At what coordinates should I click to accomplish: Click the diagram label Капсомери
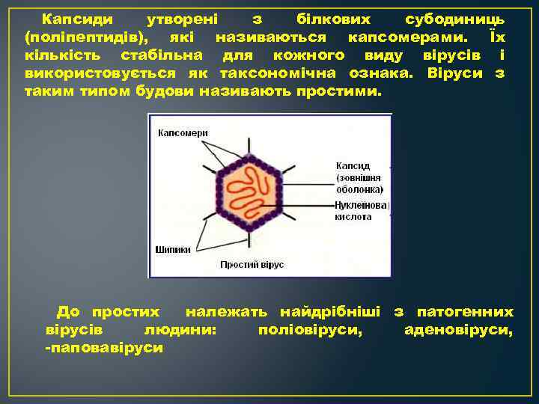pyautogui.click(x=182, y=132)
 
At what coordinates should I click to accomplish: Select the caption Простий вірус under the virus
pyautogui.click(x=252, y=265)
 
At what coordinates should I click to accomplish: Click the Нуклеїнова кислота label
pyautogui.click(x=360, y=210)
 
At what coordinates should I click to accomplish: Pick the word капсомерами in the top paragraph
pyautogui.click(x=398, y=37)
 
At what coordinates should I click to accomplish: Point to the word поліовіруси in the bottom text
pyautogui.click(x=308, y=330)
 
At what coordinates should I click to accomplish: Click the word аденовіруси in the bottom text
pyautogui.click(x=458, y=330)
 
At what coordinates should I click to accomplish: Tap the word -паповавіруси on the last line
pyautogui.click(x=103, y=349)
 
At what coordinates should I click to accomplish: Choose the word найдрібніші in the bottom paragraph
pyautogui.click(x=329, y=311)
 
